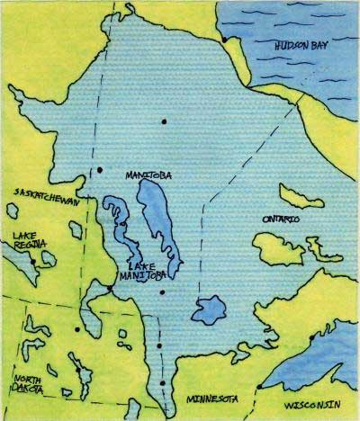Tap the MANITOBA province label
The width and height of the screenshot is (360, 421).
click(149, 173)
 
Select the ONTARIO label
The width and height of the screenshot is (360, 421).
click(282, 218)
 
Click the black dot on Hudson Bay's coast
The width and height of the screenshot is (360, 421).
click(224, 39)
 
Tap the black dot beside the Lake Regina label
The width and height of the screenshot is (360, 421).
click(34, 260)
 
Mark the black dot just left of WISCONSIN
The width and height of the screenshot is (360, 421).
click(258, 387)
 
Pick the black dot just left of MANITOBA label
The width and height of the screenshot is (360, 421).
click(100, 169)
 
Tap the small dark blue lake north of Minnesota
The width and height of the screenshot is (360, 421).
click(210, 309)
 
